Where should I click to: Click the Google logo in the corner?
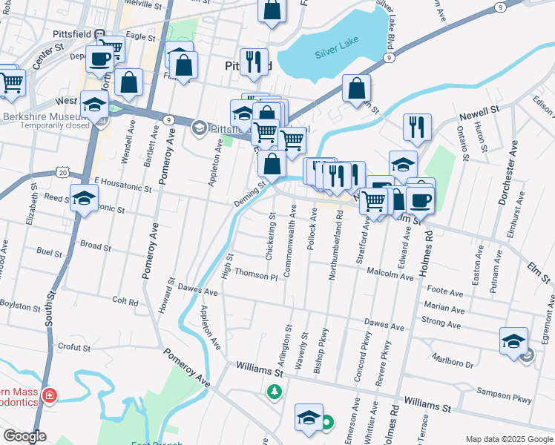[24, 437]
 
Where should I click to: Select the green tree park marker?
[275, 390]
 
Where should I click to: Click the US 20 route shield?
[62, 173]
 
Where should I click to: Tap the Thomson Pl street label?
[255, 274]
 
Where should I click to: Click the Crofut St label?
[73, 346]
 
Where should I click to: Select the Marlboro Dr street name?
[452, 360]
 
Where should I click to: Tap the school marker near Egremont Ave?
[513, 342]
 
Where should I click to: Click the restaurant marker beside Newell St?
[418, 127]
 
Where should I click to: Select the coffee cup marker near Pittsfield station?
[99, 59]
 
